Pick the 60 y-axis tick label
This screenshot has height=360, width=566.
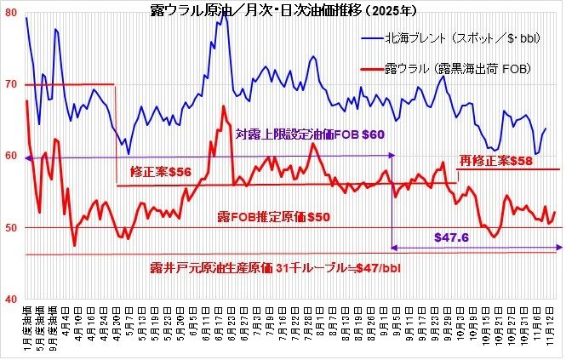tap(10, 156)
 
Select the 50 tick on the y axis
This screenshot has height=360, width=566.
tap(10, 228)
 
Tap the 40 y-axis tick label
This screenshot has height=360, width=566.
tap(10, 300)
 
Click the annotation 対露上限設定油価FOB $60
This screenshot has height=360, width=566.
tap(310, 134)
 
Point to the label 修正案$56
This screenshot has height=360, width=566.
tap(159, 172)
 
